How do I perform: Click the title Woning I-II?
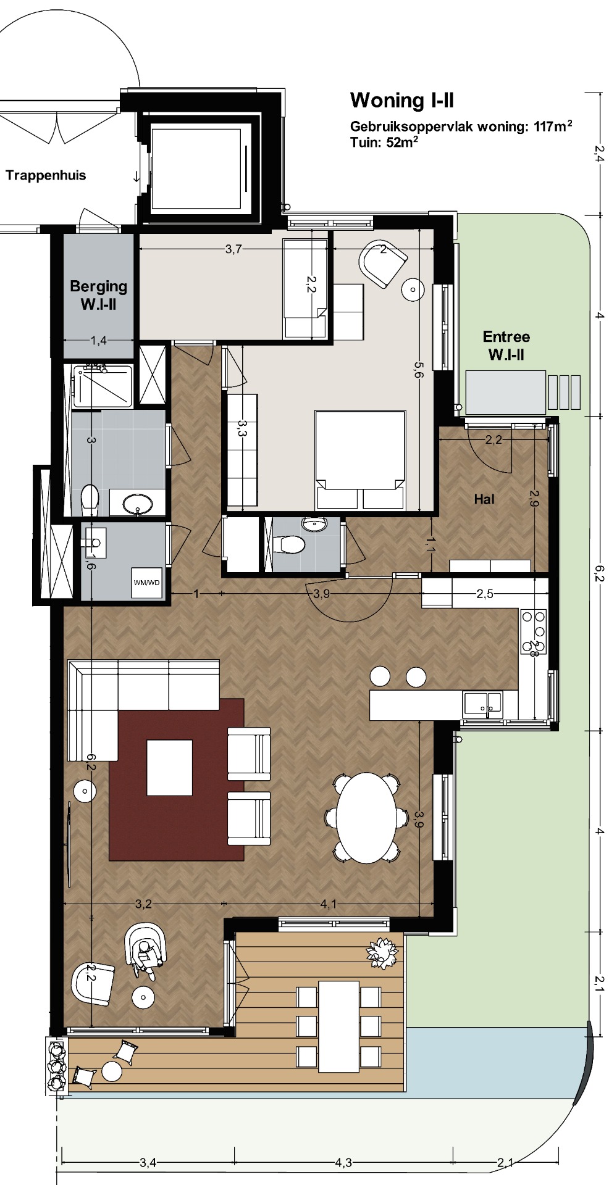402,100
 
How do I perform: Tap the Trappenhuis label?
46,175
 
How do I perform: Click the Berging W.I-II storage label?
99,295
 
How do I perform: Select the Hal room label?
484,499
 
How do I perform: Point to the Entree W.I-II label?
506,346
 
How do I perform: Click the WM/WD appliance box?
146,582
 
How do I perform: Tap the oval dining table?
366,817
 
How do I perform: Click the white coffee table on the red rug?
169,768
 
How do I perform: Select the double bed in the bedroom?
360,460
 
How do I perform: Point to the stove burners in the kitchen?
534,631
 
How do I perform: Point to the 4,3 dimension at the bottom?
343,1163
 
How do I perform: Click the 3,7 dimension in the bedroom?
233,249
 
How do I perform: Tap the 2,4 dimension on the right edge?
598,152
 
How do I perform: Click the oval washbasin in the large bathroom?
139,503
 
